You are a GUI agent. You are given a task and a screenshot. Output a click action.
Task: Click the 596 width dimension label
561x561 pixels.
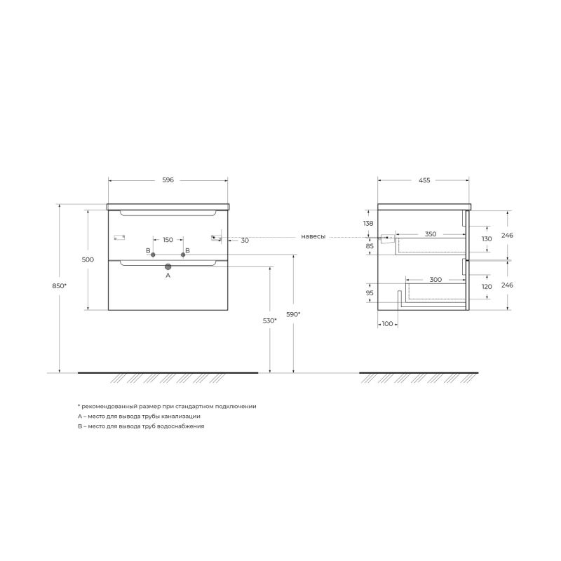168,180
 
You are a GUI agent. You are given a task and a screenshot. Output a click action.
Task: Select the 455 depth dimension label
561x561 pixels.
424,180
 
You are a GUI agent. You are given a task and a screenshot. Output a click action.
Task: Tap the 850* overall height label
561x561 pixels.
60,286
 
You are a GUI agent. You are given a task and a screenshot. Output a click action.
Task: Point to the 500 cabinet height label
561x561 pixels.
88,259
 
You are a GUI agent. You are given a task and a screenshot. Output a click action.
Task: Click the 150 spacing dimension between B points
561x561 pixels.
168,240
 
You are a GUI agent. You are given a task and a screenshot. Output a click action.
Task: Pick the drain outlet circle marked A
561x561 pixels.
168,266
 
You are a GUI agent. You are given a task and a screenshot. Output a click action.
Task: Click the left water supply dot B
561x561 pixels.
153,255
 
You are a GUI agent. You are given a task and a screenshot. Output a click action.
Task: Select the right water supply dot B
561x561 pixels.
183,255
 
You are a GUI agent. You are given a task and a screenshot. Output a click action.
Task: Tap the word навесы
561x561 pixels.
313,236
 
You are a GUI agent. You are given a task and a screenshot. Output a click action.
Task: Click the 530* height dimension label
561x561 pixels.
270,320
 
